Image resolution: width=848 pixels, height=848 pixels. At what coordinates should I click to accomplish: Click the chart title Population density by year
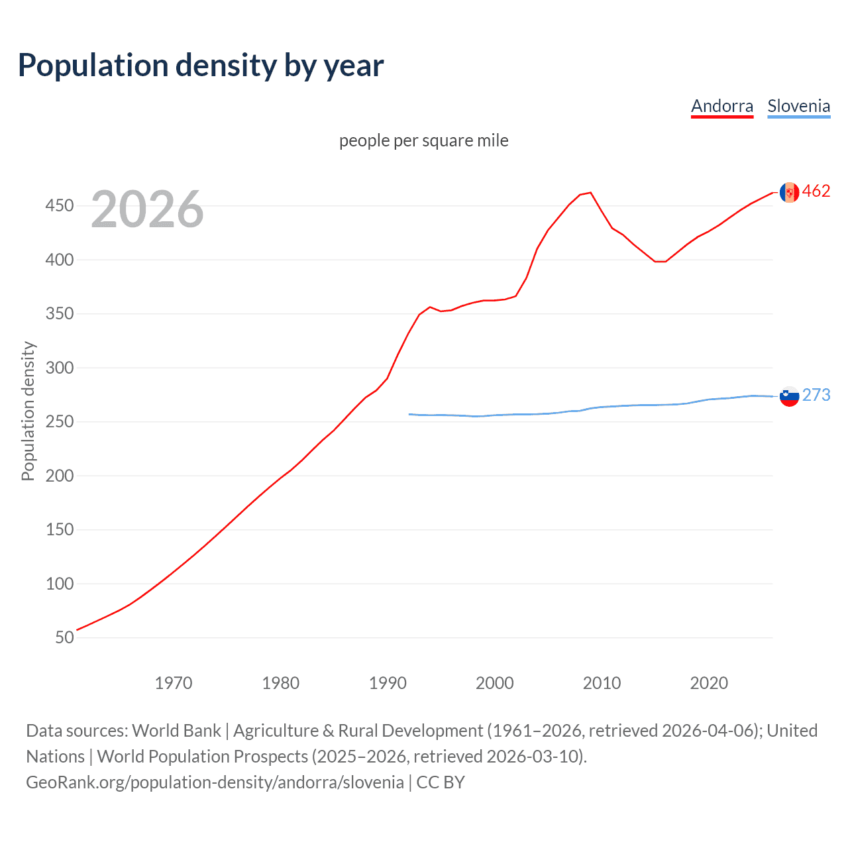(x=201, y=66)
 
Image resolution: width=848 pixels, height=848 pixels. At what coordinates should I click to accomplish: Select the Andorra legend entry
(x=722, y=106)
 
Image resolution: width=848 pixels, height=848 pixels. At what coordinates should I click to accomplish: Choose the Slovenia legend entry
(x=798, y=106)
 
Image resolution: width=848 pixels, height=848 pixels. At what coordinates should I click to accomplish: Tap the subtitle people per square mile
(x=424, y=140)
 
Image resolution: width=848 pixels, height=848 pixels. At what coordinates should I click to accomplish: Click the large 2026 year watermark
(x=147, y=209)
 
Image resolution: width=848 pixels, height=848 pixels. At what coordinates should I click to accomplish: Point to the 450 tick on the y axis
(x=60, y=205)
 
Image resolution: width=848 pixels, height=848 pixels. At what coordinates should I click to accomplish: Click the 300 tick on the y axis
(x=60, y=368)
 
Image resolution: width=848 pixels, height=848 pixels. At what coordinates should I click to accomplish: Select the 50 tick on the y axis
(x=64, y=637)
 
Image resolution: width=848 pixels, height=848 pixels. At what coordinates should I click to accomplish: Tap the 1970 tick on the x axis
(x=174, y=683)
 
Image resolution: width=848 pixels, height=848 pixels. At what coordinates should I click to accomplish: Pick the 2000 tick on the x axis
(x=495, y=683)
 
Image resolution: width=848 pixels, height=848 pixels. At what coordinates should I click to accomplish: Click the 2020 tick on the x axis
(x=709, y=683)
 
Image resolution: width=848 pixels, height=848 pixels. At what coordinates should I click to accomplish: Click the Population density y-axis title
(x=28, y=411)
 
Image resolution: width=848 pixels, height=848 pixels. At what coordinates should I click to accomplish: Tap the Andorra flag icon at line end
(x=789, y=192)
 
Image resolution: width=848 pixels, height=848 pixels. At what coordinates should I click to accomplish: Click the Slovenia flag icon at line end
(x=789, y=396)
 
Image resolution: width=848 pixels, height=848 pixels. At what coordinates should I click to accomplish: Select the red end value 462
(x=816, y=191)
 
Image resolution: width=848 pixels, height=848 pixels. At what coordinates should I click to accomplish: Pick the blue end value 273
(x=816, y=395)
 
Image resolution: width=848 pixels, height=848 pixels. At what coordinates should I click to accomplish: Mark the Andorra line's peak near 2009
(x=590, y=193)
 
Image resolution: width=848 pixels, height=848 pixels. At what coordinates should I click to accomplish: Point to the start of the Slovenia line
(x=409, y=414)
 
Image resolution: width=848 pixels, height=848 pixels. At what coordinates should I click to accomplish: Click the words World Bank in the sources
(x=176, y=731)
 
